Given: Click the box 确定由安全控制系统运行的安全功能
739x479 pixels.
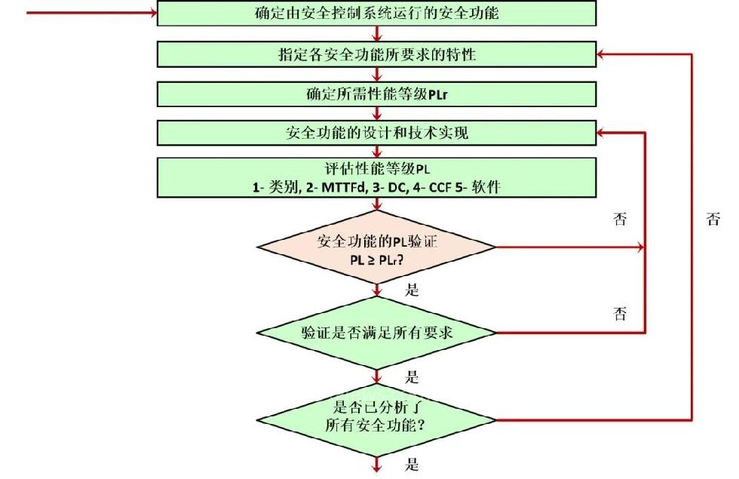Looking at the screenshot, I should tap(376, 13).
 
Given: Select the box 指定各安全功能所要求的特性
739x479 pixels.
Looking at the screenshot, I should tap(376, 54).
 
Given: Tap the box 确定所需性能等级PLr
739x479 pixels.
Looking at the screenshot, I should tap(376, 94).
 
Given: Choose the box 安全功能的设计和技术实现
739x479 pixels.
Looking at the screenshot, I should tap(376, 134).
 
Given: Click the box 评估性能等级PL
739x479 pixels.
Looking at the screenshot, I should tap(376, 176).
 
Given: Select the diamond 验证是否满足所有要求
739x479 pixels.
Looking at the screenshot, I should tap(376, 333).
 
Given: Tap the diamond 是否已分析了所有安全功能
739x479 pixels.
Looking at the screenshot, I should tap(376, 419).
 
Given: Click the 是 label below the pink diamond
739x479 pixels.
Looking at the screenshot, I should tap(412, 290).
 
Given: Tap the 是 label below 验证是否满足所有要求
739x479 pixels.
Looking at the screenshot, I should tap(412, 377).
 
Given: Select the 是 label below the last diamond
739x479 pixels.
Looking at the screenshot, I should tap(412, 464).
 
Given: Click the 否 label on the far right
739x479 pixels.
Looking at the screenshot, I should tap(713, 220).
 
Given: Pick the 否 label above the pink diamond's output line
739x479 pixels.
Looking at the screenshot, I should tap(620, 220).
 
